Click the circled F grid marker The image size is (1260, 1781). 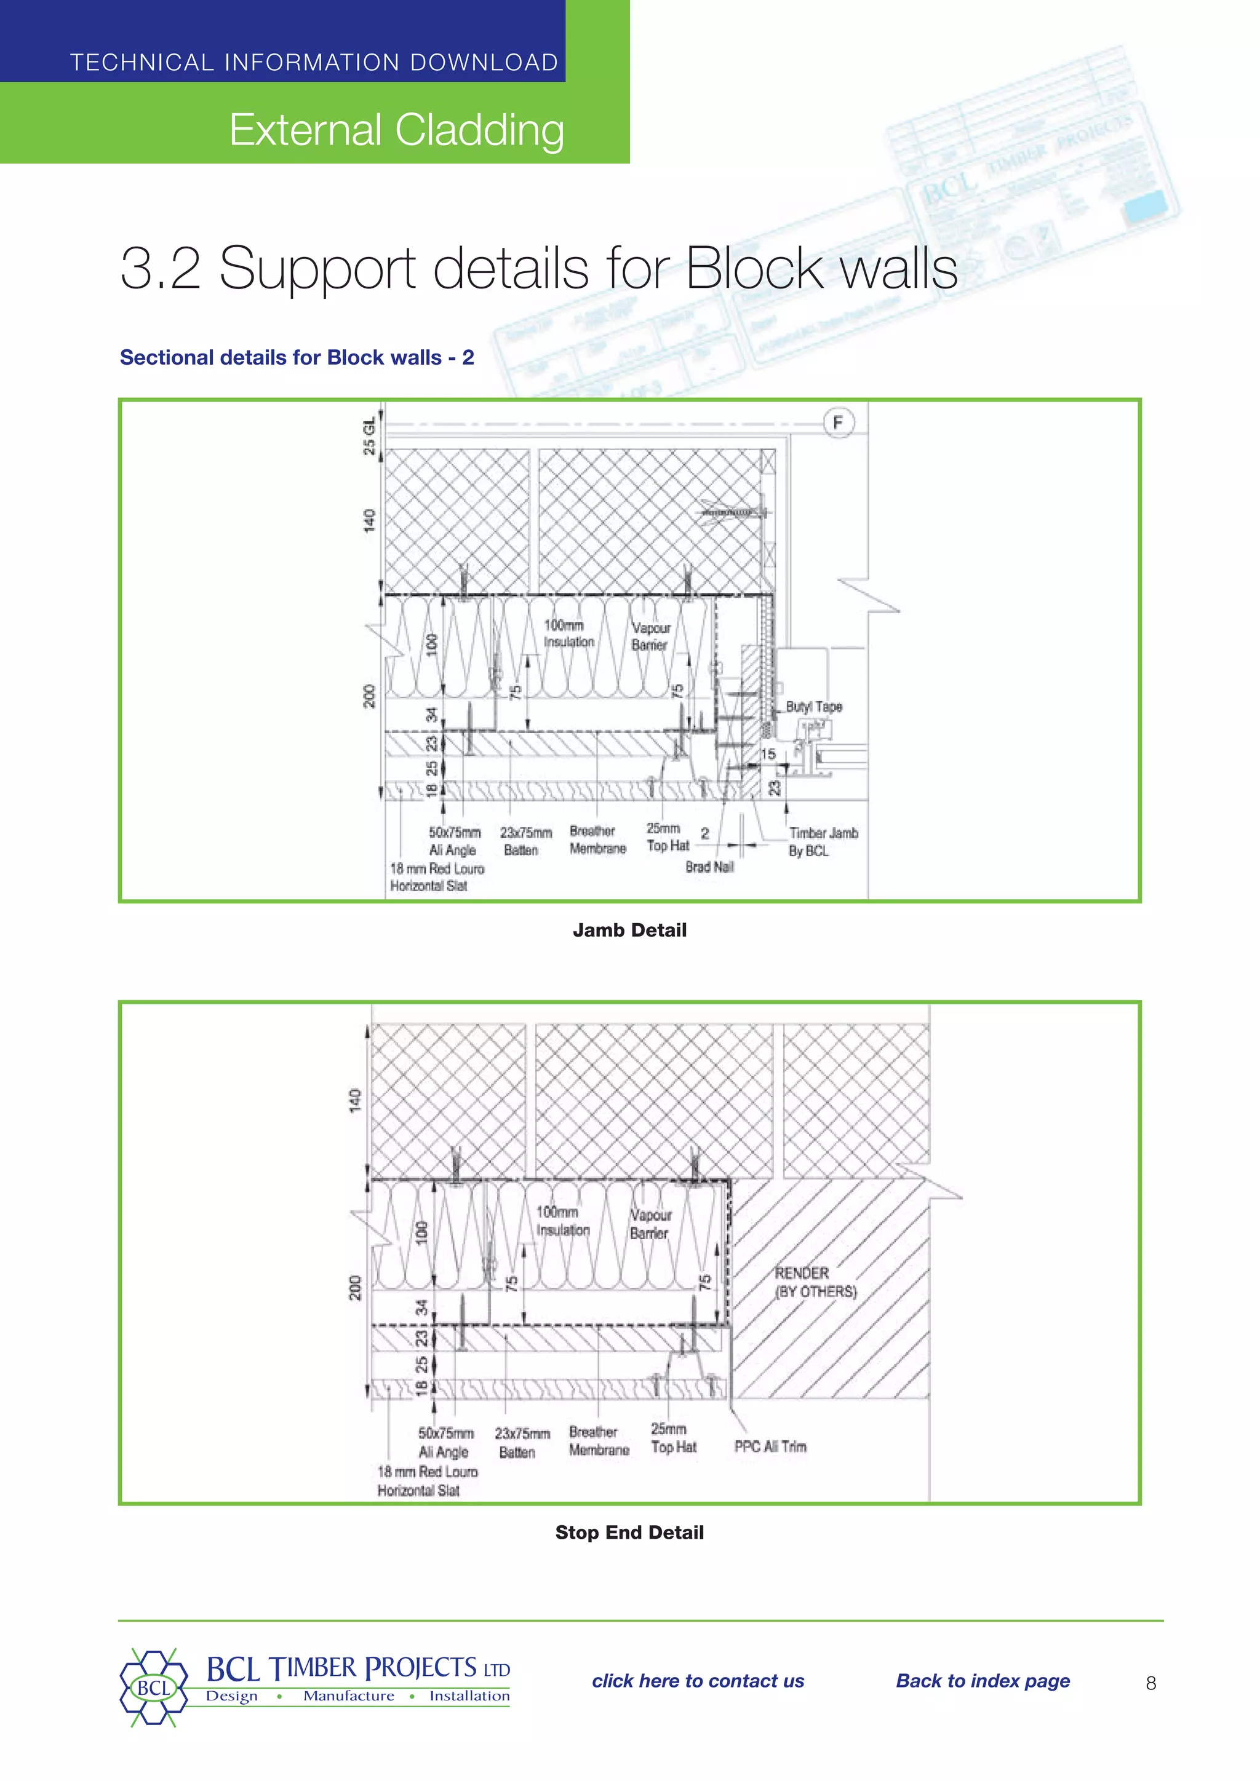pos(837,422)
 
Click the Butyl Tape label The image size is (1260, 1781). pos(813,707)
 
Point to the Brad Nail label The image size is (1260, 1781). pos(709,867)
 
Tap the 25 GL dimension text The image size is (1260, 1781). pos(370,436)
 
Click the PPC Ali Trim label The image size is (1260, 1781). pos(770,1446)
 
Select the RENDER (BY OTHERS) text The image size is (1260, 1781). pos(815,1282)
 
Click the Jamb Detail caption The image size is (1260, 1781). pos(629,930)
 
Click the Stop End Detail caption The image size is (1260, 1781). pos(629,1532)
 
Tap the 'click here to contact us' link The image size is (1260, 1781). pos(698,1681)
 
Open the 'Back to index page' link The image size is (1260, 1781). pos(983,1681)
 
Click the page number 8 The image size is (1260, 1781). pos(1150,1683)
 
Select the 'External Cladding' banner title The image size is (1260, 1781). pos(396,130)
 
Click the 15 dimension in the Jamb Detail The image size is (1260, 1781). pos(768,754)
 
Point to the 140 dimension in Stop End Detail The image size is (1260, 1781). pos(354,1100)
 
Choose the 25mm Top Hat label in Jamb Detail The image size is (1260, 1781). pos(668,838)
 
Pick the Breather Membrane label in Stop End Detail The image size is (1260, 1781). pos(598,1440)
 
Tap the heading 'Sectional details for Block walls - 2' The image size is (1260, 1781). pos(297,357)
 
